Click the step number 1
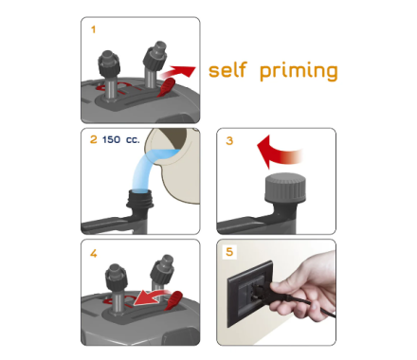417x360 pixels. coord(93,29)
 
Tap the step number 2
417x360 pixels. coord(94,139)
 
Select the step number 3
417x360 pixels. coord(229,140)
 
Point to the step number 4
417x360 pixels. coord(94,253)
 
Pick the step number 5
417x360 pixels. coord(229,252)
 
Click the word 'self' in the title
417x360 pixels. coord(227,70)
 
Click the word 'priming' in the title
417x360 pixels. coord(299,71)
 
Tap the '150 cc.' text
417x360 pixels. coord(120,139)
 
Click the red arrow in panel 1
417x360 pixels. coord(177,72)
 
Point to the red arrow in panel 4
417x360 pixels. coord(152,297)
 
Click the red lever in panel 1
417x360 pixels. coord(166,87)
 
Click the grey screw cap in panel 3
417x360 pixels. coord(285,188)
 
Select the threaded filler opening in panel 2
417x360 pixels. coord(140,199)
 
